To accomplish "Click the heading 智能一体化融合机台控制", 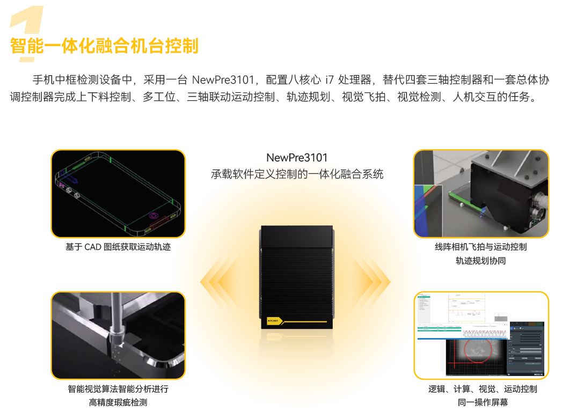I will [x=104, y=46].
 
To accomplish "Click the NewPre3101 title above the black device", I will [x=296, y=158].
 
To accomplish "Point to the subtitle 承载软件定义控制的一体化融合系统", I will [x=296, y=174].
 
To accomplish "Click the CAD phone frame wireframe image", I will [x=118, y=194].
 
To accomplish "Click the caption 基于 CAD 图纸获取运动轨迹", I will [x=118, y=247].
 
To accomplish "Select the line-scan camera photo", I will [x=481, y=194].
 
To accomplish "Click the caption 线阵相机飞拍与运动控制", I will [x=481, y=247].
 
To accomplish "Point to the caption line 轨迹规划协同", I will [x=481, y=261].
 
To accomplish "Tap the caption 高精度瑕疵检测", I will [x=118, y=402].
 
